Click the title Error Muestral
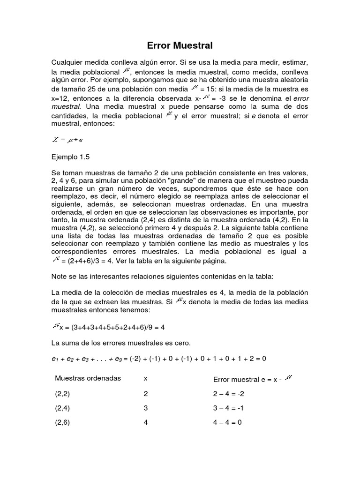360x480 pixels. tap(180, 46)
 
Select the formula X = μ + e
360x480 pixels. tap(68, 140)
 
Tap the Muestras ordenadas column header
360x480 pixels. tap(88, 378)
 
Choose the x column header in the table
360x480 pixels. tap(145, 378)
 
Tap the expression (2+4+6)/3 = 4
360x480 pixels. tap(89, 261)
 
